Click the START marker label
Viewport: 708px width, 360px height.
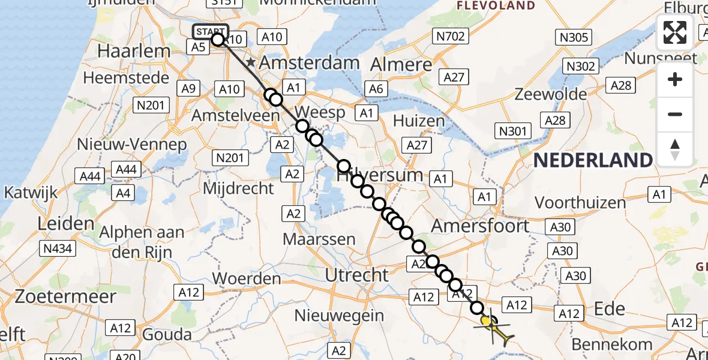pos(211,31)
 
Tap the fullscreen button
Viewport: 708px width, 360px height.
pos(675,32)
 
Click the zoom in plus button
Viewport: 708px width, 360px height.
pos(675,79)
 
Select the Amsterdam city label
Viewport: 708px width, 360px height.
pos(310,62)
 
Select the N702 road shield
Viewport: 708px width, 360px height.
pos(451,37)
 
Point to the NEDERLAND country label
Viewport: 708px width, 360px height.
pos(593,160)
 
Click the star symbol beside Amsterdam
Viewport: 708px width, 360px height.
pos(251,62)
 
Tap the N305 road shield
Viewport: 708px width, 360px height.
pos(573,37)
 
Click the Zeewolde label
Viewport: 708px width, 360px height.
pos(551,94)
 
